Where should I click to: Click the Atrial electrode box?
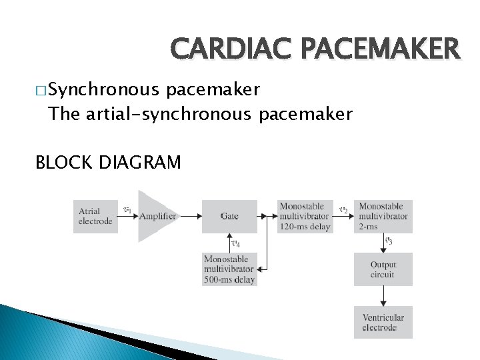[x=95, y=216]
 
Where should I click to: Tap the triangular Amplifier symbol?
[x=155, y=216]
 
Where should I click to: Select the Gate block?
[x=229, y=216]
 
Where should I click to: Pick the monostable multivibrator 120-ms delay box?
[x=305, y=216]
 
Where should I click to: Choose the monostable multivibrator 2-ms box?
[x=384, y=216]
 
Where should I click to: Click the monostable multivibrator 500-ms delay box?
[x=229, y=269]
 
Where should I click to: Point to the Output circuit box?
[x=383, y=269]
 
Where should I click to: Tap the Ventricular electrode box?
[x=383, y=322]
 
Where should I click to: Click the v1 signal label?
[x=127, y=210]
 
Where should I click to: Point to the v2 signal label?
[x=343, y=210]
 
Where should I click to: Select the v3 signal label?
[x=389, y=241]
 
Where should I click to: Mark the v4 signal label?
[x=235, y=242]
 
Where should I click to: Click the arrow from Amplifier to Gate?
[x=189, y=216]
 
